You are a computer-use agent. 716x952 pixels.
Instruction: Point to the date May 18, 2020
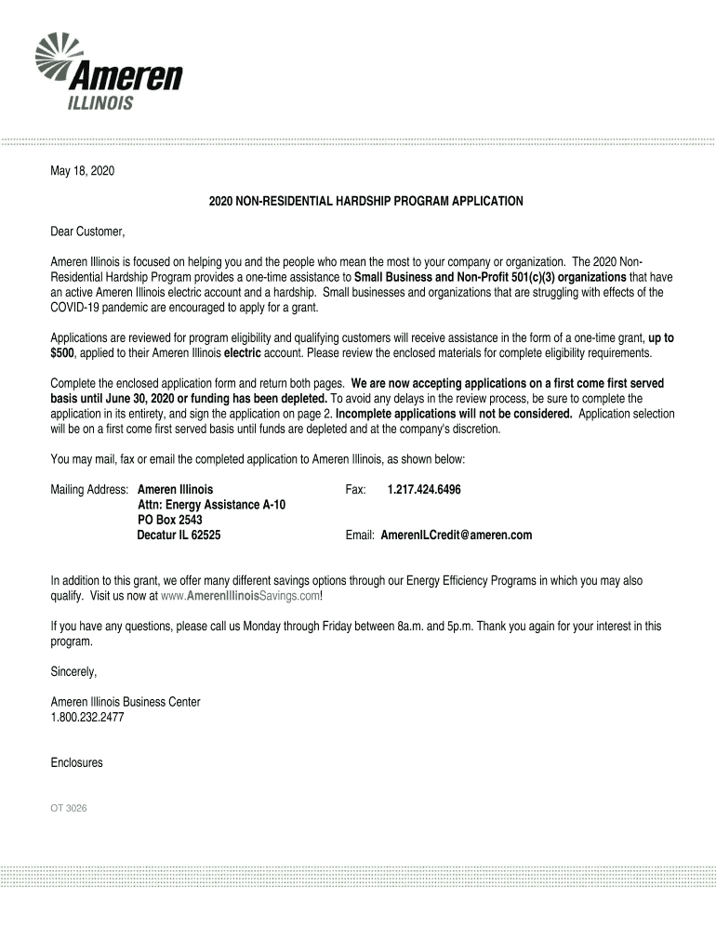pos(83,172)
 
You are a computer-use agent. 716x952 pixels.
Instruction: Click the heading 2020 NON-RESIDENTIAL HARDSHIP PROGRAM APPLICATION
pos(359,201)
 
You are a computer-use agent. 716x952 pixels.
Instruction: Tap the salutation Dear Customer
pos(87,231)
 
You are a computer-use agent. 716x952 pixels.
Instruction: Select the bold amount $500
pos(65,354)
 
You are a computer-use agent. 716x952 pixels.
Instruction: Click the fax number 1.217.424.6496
pos(424,489)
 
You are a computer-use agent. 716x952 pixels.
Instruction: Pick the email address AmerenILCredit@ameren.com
pos(456,535)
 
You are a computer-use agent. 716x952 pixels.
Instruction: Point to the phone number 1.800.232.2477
pos(87,718)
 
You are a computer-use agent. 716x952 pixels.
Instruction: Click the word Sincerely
pos(73,671)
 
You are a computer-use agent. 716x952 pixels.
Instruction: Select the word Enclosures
pos(76,763)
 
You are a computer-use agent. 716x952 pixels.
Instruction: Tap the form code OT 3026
pos(69,809)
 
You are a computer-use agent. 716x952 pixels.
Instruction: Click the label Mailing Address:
pos(91,489)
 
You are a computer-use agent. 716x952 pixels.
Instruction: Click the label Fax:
pos(356,489)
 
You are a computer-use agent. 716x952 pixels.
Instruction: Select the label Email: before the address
pos(360,535)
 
